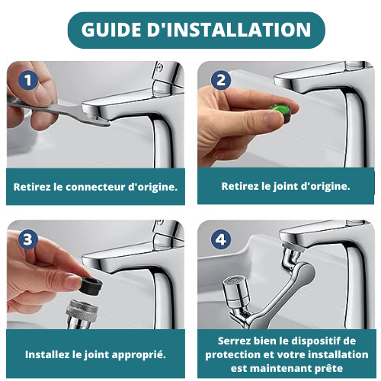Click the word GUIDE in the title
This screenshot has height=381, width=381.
(x=115, y=30)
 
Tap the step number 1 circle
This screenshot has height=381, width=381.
(x=29, y=81)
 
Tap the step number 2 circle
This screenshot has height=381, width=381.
(x=220, y=81)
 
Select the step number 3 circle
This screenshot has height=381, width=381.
(x=29, y=240)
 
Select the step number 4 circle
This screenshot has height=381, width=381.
(x=220, y=240)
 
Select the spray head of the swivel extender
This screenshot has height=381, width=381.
(x=234, y=294)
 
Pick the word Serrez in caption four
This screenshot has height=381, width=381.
(x=234, y=341)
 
